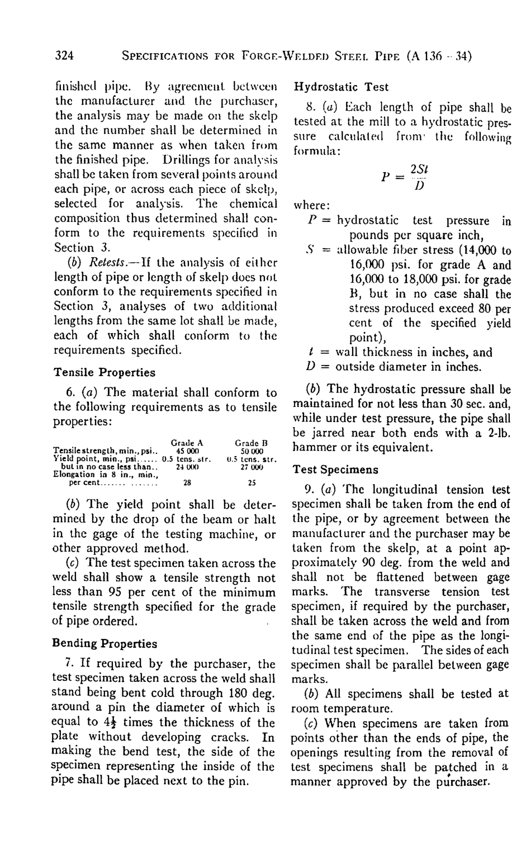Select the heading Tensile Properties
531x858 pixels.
click(104, 372)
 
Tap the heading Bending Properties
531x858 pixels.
click(105, 643)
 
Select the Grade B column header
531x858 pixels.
click(249, 428)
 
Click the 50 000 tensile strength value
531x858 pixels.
click(249, 435)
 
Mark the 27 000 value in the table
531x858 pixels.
click(250, 451)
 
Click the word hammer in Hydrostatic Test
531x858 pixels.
click(315, 448)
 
